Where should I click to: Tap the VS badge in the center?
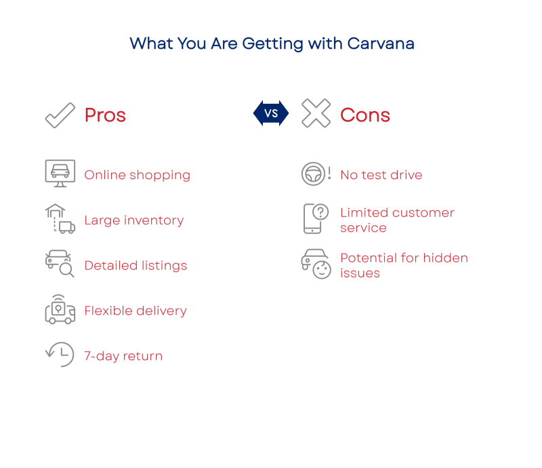click(x=271, y=113)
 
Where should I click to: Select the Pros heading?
click(x=105, y=115)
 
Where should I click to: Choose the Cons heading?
click(x=365, y=115)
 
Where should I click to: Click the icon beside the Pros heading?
click(x=60, y=114)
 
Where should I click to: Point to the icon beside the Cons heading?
click(x=314, y=114)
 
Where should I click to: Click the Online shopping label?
click(x=136, y=175)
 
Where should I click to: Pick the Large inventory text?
click(x=133, y=220)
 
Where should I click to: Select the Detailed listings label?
click(x=135, y=265)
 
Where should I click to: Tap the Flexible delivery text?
click(x=135, y=311)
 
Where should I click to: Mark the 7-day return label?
click(x=123, y=356)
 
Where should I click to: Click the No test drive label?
click(x=381, y=176)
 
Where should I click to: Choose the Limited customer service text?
click(x=396, y=220)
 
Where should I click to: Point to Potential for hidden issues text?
click(x=404, y=265)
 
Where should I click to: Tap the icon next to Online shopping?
click(x=60, y=173)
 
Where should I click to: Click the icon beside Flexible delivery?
click(x=60, y=310)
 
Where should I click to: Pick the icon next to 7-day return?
click(x=60, y=353)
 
